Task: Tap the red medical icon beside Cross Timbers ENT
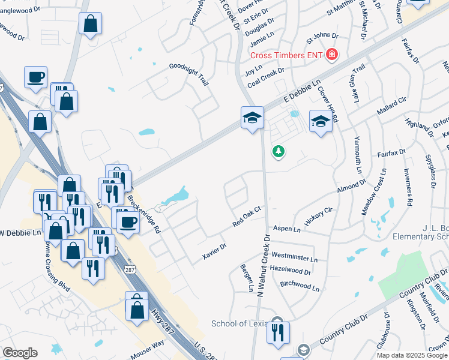tap(331, 55)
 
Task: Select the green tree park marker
tap(278, 151)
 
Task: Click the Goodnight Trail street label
tap(188, 75)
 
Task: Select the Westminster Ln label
tap(295, 258)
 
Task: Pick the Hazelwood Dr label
tap(291, 271)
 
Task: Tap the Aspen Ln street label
tap(286, 229)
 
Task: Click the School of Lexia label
tap(239, 324)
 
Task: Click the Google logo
tap(20, 353)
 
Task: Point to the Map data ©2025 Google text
tap(411, 355)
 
